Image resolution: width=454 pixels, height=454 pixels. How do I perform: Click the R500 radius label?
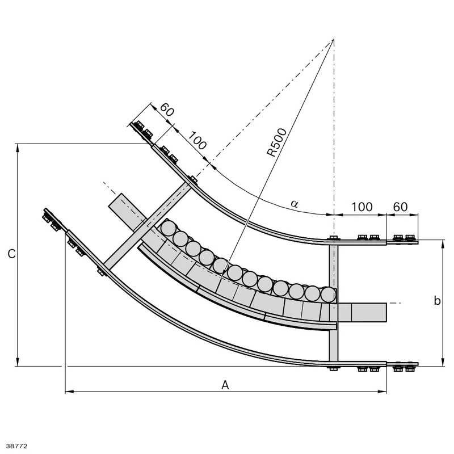277,142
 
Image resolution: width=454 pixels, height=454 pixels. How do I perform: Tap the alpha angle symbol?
295,204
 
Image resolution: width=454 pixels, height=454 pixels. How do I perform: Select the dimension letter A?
225,385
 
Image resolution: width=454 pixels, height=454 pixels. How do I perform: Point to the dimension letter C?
11,254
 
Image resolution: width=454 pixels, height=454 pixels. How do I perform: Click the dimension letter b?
437,301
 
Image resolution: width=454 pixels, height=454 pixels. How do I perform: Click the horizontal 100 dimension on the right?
361,207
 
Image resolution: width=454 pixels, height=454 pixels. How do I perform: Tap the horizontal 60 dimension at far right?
401,207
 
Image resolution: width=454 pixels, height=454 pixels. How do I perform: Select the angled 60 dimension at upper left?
167,110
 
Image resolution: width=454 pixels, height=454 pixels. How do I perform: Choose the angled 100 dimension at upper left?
197,140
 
